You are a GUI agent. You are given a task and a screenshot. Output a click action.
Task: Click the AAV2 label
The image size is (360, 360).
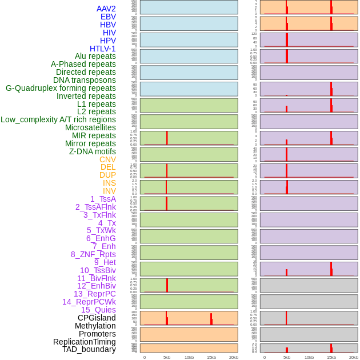coord(106,9)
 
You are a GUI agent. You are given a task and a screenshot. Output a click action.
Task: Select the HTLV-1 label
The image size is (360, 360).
coord(102,49)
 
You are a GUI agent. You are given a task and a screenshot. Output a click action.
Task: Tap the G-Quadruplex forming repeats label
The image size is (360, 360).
coord(61,88)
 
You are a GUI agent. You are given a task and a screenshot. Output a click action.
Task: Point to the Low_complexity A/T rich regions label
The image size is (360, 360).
coord(58,119)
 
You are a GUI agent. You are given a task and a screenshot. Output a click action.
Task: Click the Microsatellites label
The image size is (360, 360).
coord(90,127)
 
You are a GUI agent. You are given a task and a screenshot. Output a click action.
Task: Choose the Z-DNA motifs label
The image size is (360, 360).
coord(93,151)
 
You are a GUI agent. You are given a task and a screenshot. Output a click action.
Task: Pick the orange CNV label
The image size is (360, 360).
coord(107,159)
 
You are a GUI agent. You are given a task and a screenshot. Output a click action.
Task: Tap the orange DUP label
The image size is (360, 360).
coord(107,175)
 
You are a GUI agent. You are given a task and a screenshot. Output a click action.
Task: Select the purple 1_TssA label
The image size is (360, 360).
coord(103,199)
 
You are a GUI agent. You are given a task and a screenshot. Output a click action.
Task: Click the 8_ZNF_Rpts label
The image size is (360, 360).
coord(93,254)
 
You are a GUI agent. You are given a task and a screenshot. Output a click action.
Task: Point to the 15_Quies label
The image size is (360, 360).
coord(98,310)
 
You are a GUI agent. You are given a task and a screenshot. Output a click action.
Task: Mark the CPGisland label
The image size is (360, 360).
coord(97,318)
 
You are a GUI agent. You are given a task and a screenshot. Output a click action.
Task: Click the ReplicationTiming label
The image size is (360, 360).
coord(84,342)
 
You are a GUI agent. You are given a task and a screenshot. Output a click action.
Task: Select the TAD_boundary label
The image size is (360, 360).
coord(89,349)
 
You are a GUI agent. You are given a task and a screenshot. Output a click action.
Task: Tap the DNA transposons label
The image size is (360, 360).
coord(85,80)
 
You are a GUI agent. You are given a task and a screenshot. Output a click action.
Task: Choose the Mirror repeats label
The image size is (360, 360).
coord(90,143)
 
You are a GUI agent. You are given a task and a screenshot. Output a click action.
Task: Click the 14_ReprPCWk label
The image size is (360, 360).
coord(89,302)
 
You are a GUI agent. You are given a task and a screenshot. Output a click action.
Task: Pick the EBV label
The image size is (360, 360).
coord(108,17)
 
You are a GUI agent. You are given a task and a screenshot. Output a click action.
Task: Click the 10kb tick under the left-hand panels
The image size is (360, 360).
coord(189,357)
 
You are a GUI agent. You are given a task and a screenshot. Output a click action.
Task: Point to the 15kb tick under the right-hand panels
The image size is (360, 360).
coord(331,357)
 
